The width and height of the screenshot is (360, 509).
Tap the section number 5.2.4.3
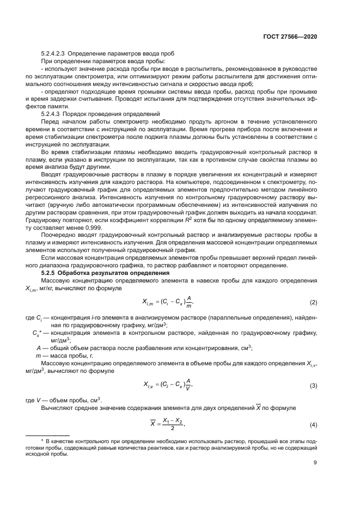point(52,113)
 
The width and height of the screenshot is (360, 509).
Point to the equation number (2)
point(313,302)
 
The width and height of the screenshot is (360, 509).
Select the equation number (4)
point(313,424)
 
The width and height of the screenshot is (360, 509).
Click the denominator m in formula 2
point(188,306)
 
